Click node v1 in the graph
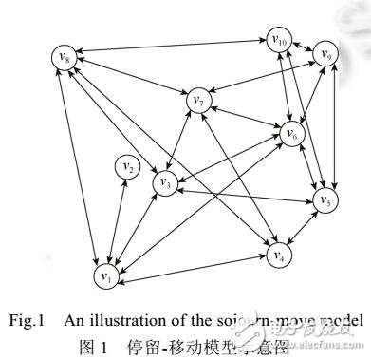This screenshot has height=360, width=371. (x=103, y=275)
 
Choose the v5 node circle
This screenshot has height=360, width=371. (x=325, y=201)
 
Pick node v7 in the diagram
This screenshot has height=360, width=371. (x=198, y=97)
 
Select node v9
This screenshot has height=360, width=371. (x=326, y=54)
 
